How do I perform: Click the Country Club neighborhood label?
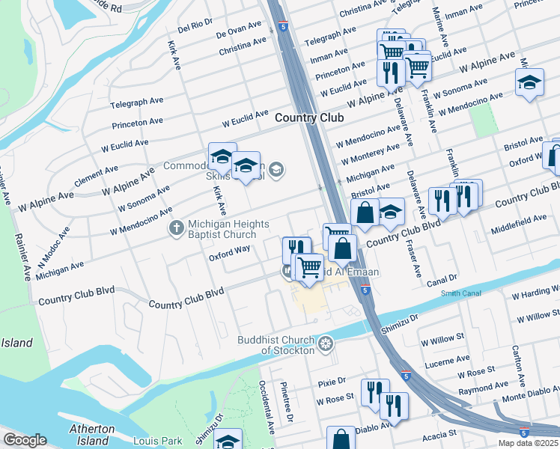pyautogui.click(x=308, y=117)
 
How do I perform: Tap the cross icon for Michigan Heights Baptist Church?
pyautogui.click(x=177, y=226)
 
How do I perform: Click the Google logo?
pyautogui.click(x=25, y=440)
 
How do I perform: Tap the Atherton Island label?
pyautogui.click(x=91, y=435)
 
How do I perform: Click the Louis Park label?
pyautogui.click(x=153, y=442)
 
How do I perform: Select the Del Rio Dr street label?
pyautogui.click(x=195, y=27)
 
